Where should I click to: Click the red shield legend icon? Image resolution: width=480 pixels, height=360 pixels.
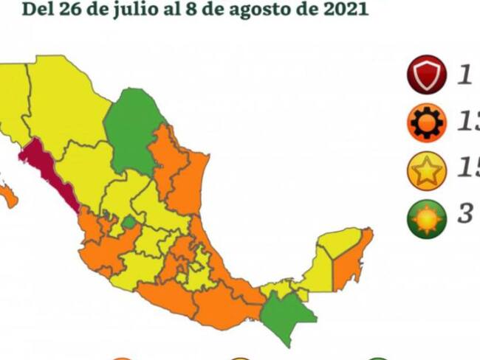[x=426, y=76]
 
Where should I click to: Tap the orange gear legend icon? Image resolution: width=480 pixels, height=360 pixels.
[x=426, y=122]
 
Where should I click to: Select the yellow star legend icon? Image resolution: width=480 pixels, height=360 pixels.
[x=426, y=170]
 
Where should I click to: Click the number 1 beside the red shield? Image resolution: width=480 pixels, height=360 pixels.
[x=464, y=76]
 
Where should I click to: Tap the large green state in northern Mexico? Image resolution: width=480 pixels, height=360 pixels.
[x=133, y=129]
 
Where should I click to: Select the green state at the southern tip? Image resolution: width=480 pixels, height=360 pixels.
[x=284, y=314]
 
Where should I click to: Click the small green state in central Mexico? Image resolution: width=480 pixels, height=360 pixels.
[x=128, y=222]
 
